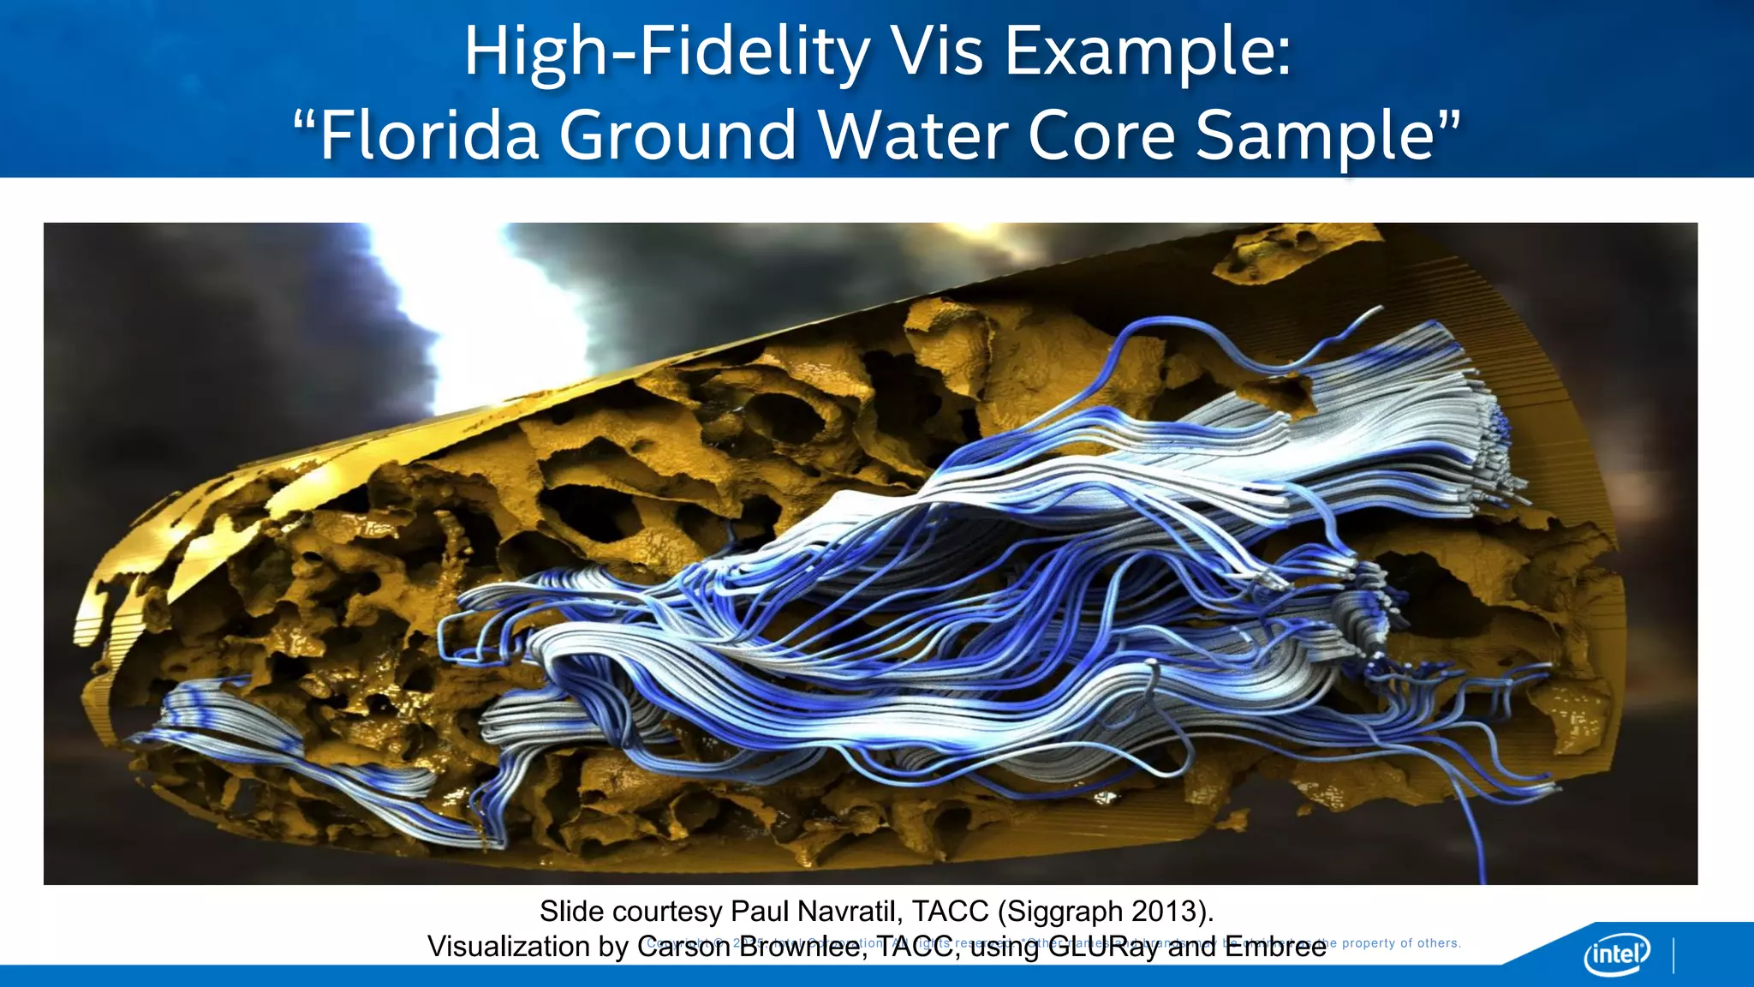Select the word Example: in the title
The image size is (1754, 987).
1148,53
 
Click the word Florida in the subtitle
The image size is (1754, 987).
429,135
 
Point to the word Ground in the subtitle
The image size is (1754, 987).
678,135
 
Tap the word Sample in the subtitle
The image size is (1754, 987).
1315,135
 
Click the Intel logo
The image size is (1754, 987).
1617,954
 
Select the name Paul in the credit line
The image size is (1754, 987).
761,912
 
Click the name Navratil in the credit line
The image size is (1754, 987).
850,912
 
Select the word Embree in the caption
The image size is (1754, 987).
1275,947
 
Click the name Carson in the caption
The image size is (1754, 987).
683,947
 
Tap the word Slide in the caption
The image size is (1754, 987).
572,912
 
